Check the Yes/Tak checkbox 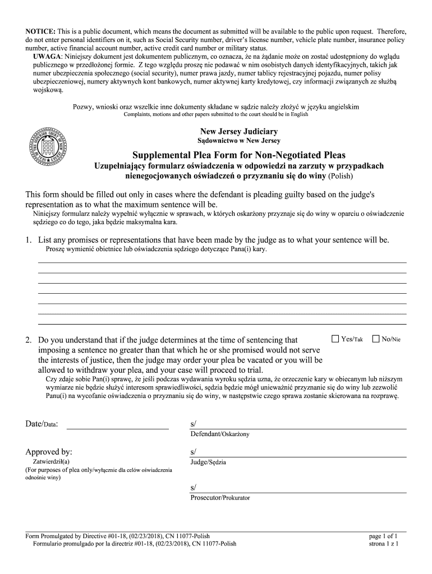point(336,339)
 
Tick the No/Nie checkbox point(376,339)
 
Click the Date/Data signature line point(117,428)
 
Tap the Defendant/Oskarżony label point(220,434)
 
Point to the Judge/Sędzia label point(209,462)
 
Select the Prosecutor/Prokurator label point(220,497)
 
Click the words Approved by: point(49,452)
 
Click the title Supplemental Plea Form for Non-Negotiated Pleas point(239,155)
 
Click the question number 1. point(28,240)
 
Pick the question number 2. point(28,340)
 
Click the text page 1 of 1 point(384,536)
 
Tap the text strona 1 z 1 point(384,544)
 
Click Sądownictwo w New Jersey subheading point(239,141)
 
